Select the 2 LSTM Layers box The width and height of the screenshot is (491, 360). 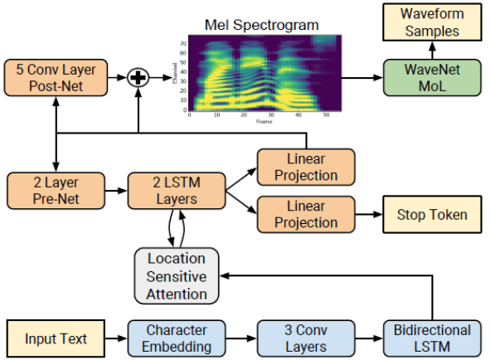177,190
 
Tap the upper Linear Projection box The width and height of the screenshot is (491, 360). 305,166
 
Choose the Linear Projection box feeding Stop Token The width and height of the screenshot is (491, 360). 305,214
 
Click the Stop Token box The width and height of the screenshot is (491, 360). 431,215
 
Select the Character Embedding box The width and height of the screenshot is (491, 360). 177,338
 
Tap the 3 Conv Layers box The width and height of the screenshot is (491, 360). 305,338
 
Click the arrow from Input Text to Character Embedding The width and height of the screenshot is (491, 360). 115,338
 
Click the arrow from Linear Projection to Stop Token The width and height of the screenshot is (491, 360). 368,215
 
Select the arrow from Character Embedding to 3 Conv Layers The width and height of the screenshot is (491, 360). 241,338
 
